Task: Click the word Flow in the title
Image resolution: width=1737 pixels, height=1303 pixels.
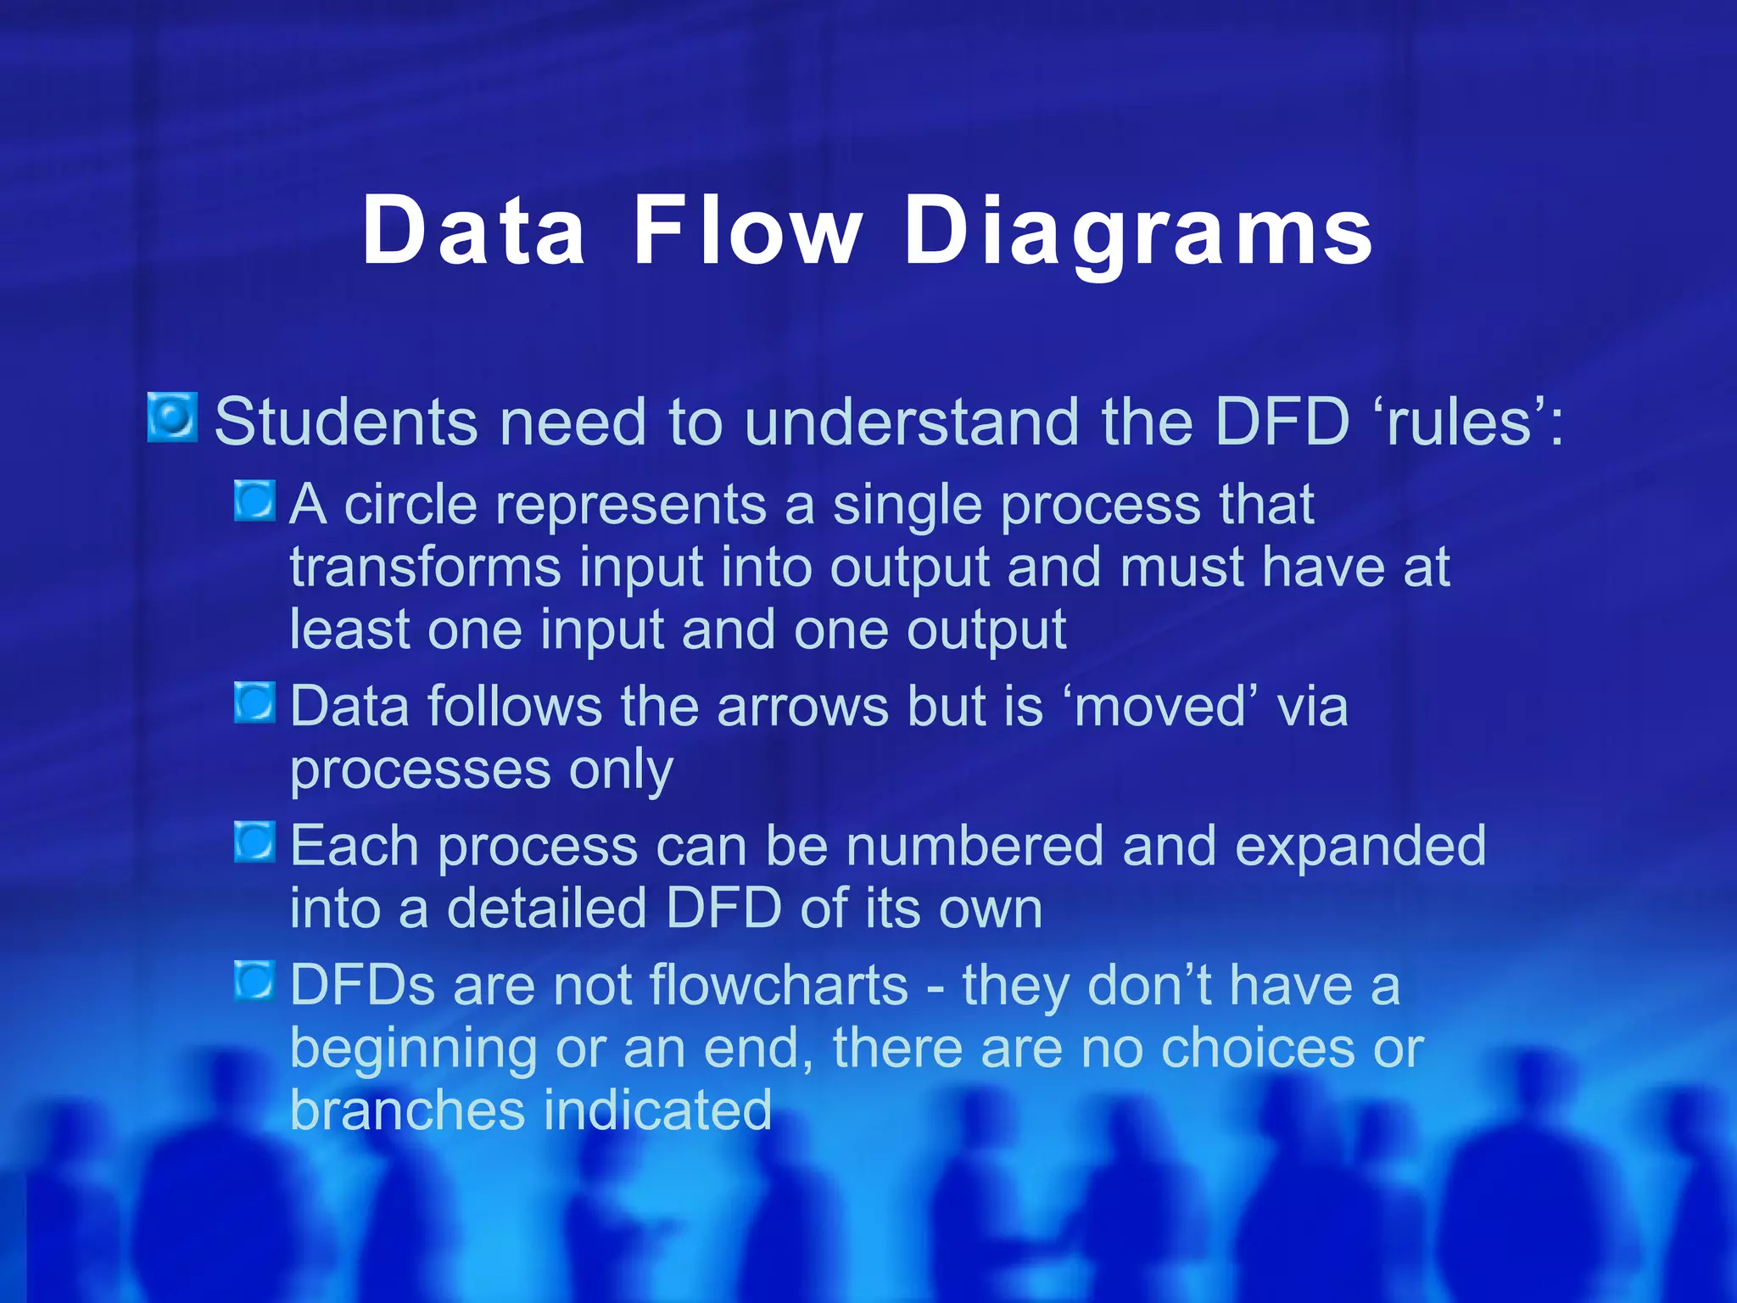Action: click(747, 231)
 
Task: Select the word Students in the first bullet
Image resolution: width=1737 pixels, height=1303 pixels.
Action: click(346, 422)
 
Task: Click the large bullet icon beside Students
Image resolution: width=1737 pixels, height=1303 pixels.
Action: click(173, 417)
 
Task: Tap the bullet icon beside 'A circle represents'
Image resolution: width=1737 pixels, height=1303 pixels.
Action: click(254, 501)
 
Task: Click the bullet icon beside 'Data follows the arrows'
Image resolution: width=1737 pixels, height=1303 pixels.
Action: click(254, 702)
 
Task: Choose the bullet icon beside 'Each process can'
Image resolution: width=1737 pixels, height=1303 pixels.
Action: click(254, 842)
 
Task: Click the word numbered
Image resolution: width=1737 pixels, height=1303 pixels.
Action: click(975, 846)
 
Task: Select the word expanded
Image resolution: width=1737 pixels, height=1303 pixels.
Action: click(1360, 846)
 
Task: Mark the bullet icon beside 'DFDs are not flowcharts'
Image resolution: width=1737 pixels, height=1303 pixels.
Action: click(254, 981)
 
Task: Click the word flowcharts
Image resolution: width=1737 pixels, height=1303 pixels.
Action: click(779, 985)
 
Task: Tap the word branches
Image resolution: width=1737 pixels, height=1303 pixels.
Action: click(407, 1110)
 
